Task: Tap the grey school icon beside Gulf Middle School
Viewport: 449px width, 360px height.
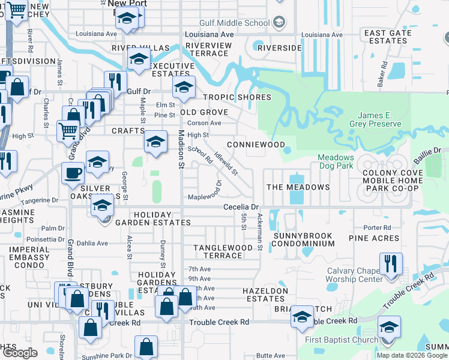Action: click(279, 23)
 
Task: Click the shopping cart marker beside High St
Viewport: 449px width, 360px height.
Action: click(68, 130)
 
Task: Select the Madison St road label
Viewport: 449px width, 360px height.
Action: click(181, 146)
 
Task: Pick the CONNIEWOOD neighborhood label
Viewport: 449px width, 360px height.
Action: click(256, 145)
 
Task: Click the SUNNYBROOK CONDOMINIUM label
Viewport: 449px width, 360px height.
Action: click(303, 239)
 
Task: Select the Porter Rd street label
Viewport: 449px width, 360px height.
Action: click(378, 227)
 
